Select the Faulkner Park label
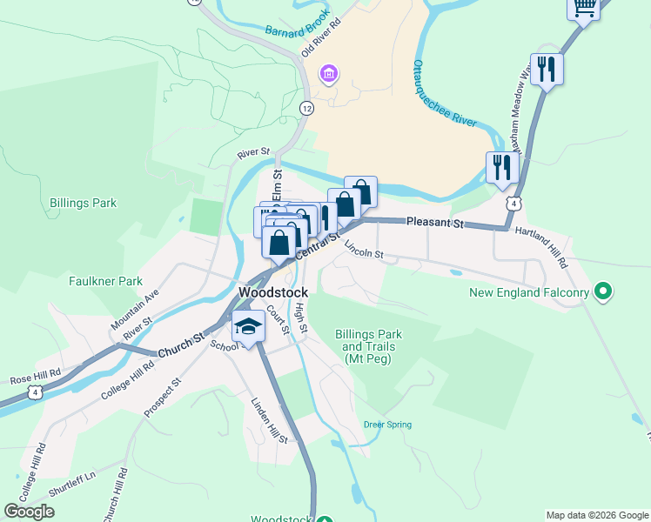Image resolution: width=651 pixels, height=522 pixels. (105, 281)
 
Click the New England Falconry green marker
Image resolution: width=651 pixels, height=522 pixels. (601, 291)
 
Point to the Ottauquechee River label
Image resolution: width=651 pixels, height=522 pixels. (444, 95)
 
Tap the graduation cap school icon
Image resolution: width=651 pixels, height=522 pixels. (248, 327)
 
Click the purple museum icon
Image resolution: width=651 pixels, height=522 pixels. (328, 73)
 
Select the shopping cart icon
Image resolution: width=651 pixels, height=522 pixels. (584, 8)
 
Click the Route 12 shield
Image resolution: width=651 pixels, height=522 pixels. (306, 107)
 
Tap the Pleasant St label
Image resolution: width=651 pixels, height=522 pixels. (434, 224)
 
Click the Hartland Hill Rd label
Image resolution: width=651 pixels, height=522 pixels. (540, 246)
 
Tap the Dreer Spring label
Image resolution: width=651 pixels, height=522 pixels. (387, 425)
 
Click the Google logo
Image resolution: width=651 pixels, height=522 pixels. (29, 512)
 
